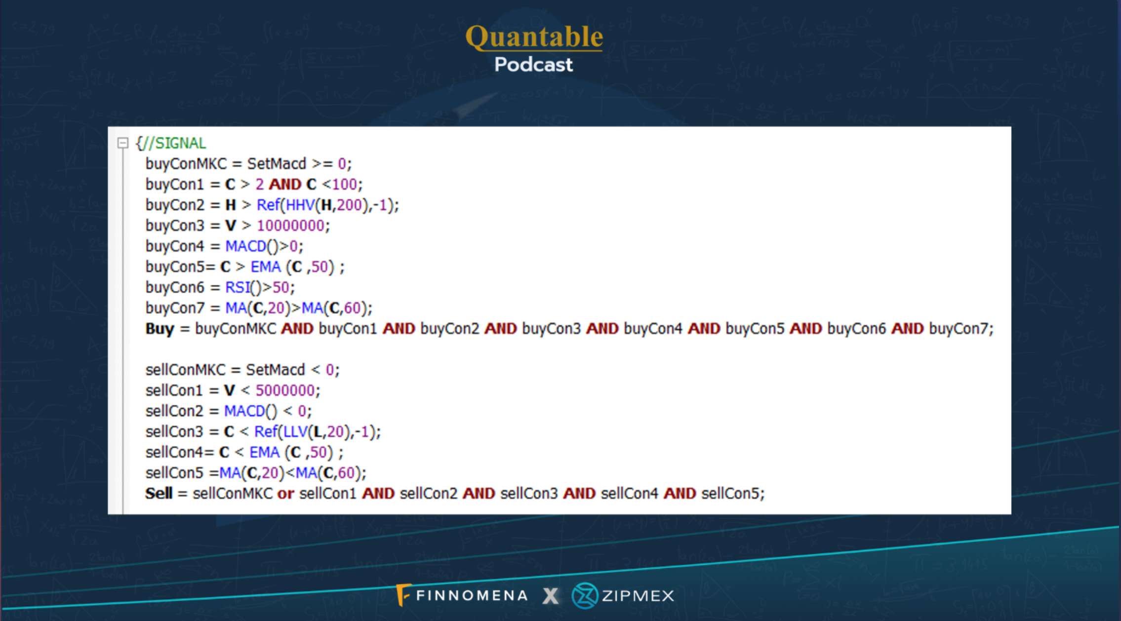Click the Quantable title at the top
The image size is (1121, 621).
pyautogui.click(x=534, y=37)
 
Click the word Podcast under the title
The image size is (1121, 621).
pyautogui.click(x=533, y=65)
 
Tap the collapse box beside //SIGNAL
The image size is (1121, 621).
pyautogui.click(x=123, y=143)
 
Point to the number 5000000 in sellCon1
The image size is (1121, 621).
pyautogui.click(x=285, y=390)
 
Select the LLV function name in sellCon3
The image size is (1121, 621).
pyautogui.click(x=295, y=432)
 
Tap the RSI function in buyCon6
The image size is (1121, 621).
pyautogui.click(x=237, y=287)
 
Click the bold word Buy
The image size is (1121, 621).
pyautogui.click(x=160, y=329)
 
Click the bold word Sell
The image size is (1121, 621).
pyautogui.click(x=159, y=493)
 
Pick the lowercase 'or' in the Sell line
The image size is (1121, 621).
pyautogui.click(x=285, y=494)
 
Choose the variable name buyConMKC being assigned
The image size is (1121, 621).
pyautogui.click(x=186, y=164)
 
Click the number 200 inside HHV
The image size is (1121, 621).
pyautogui.click(x=349, y=205)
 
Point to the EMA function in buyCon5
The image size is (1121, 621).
pyautogui.click(x=266, y=267)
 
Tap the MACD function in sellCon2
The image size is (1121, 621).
pyautogui.click(x=244, y=411)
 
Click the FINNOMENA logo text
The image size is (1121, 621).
pyautogui.click(x=472, y=595)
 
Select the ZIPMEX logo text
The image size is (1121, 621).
pyautogui.click(x=638, y=596)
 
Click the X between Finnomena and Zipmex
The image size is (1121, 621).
pyautogui.click(x=550, y=596)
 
